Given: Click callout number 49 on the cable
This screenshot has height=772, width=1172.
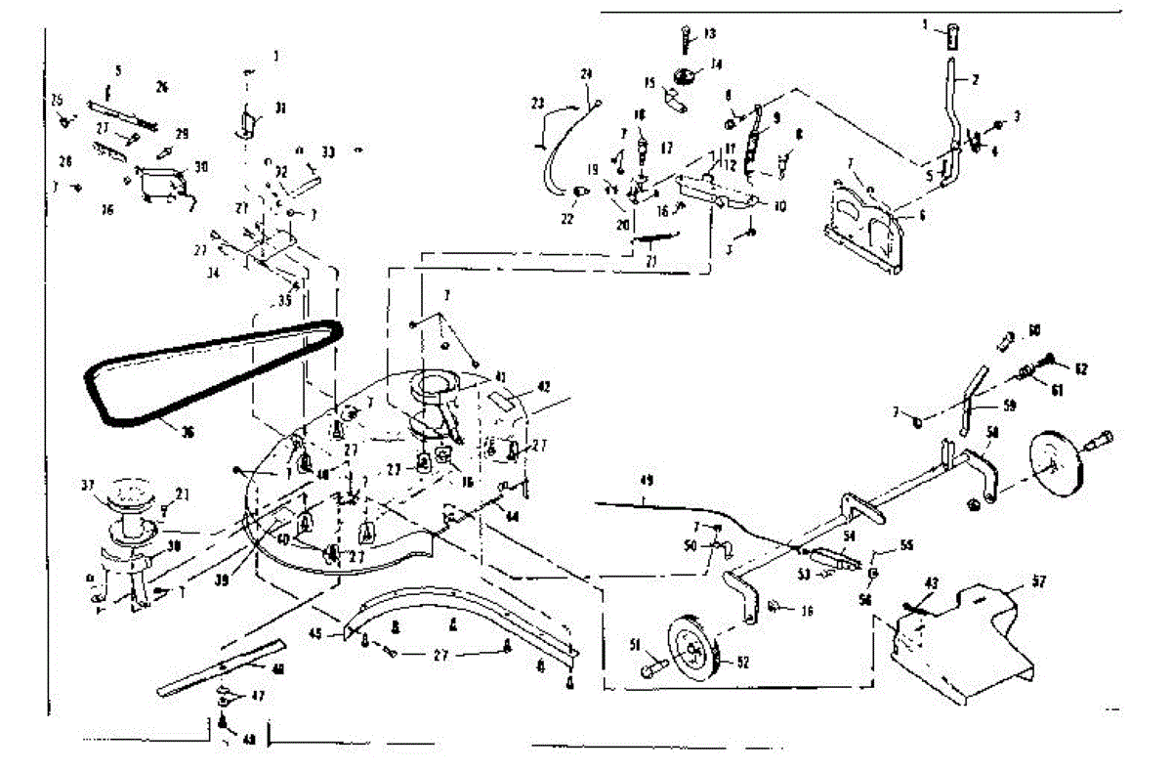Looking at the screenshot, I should click(x=646, y=481).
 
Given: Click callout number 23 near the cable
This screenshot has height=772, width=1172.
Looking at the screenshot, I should click(x=538, y=103).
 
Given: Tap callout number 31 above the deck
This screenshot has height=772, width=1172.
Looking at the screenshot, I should click(x=280, y=107).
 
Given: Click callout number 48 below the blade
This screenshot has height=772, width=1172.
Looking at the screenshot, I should click(x=249, y=740).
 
